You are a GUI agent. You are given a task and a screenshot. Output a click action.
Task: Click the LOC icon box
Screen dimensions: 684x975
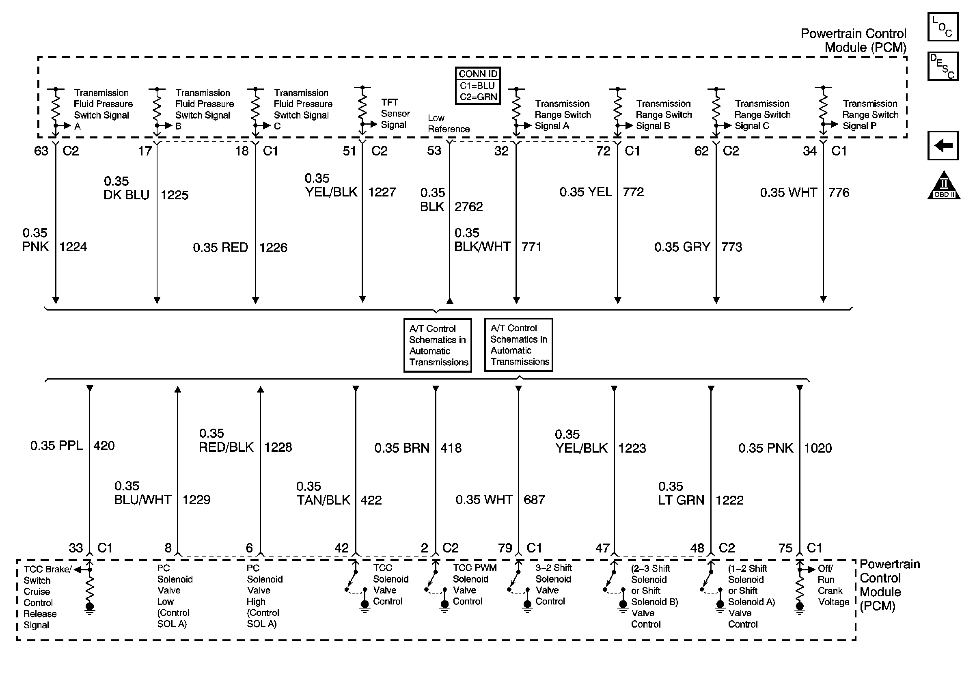[x=943, y=27]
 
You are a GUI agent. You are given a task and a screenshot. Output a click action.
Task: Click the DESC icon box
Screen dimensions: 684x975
[x=943, y=66]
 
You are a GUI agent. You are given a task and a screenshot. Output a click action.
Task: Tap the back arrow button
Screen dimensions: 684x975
[x=943, y=146]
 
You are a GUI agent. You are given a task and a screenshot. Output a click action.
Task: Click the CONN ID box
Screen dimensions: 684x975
[x=478, y=85]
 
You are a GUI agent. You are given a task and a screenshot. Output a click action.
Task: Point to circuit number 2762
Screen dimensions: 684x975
[x=468, y=207]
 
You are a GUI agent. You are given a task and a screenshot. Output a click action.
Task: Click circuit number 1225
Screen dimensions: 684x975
[x=174, y=195]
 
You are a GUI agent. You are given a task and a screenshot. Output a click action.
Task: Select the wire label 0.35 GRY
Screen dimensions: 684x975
[x=682, y=247]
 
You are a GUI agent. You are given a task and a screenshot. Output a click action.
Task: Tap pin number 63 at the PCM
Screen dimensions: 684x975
[x=41, y=151]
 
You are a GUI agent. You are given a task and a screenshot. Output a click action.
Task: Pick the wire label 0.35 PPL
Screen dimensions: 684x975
[x=56, y=446]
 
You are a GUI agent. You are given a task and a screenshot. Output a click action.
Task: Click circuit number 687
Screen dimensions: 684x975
[x=534, y=500]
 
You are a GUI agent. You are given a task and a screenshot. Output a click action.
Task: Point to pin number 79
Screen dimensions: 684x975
[x=505, y=548]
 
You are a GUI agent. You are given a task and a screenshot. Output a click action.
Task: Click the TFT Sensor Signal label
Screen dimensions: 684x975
[x=395, y=114]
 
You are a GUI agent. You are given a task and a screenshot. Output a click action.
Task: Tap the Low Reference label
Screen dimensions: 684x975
[x=448, y=123]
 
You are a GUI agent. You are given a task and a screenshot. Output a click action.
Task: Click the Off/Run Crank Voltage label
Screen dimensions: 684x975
[x=833, y=585]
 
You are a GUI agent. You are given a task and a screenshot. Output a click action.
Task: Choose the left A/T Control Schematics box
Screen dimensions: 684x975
[x=438, y=345]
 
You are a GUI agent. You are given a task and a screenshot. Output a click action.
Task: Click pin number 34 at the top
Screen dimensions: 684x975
[x=809, y=151]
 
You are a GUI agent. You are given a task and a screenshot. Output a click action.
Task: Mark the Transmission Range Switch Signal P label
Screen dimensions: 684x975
[x=870, y=114]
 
